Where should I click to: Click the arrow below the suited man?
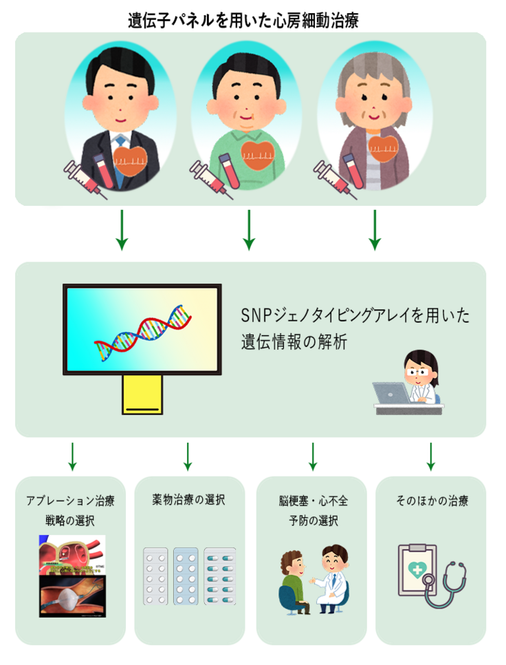point(122,230)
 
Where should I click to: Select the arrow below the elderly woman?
point(375,230)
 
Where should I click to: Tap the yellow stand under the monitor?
point(142,394)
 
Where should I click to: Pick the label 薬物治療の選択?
point(188,500)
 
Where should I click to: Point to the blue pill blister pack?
point(186,576)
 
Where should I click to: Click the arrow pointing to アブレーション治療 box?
point(71,456)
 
